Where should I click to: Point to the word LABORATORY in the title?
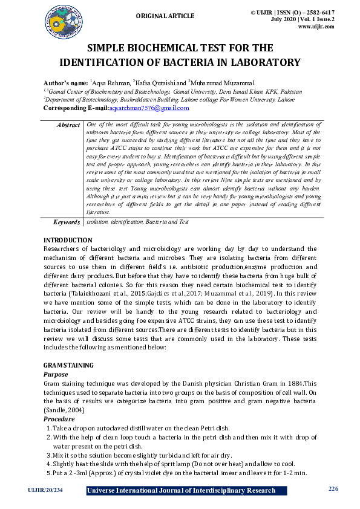[x=260, y=62]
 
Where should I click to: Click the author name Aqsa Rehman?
[x=112, y=83]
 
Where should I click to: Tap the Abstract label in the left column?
[x=68, y=125]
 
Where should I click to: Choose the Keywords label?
[x=65, y=222]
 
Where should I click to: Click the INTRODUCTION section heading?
[x=68, y=240]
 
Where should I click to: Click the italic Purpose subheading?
[x=56, y=375]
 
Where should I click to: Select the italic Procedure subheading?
[x=59, y=419]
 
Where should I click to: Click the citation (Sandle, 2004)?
[x=65, y=410]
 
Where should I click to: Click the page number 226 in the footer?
[x=332, y=488]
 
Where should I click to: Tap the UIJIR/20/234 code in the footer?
[x=45, y=490]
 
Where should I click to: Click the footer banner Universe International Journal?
[x=182, y=490]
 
